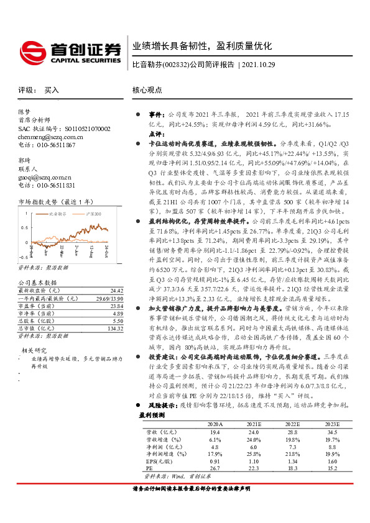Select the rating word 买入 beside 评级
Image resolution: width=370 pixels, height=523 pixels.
click(x=51, y=90)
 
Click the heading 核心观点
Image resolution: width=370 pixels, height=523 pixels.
click(x=147, y=90)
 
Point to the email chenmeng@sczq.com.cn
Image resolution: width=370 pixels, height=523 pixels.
click(x=50, y=136)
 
